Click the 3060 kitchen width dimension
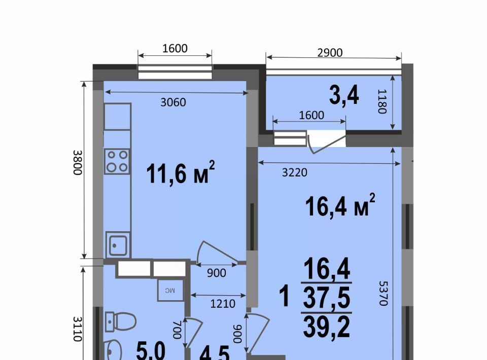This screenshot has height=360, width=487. pyautogui.click(x=173, y=102)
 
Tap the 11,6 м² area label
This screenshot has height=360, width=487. pyautogui.click(x=180, y=173)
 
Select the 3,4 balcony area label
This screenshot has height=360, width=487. pyautogui.click(x=344, y=96)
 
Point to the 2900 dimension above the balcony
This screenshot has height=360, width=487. pyautogui.click(x=330, y=53)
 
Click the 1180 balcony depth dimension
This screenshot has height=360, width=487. pyautogui.click(x=382, y=101)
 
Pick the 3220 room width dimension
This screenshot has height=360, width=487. pyautogui.click(x=294, y=172)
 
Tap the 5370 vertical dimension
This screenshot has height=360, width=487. pyautogui.click(x=384, y=293)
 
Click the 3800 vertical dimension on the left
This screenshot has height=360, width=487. pyautogui.click(x=78, y=162)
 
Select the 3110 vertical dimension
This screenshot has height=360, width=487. pyautogui.click(x=78, y=329)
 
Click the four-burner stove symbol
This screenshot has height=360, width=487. pyautogui.click(x=117, y=161)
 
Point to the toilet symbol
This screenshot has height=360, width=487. pyautogui.click(x=121, y=321)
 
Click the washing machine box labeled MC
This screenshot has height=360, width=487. pyautogui.click(x=170, y=290)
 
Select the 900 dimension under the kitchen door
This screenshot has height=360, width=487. pyautogui.click(x=217, y=273)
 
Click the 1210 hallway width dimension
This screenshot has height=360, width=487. pyautogui.click(x=223, y=304)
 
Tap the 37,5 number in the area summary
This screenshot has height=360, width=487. pyautogui.click(x=327, y=297)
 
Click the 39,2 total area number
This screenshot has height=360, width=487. pyautogui.click(x=327, y=327)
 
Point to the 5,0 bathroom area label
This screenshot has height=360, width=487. pyautogui.click(x=151, y=352)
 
